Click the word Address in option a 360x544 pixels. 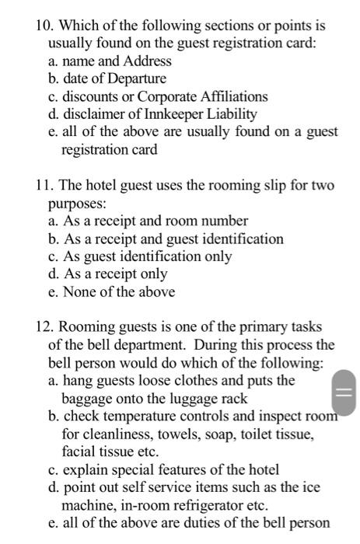[146, 61]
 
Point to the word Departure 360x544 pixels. [134, 78]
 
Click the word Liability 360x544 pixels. [229, 114]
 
